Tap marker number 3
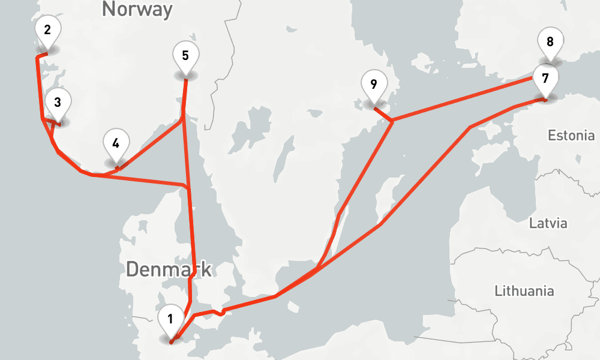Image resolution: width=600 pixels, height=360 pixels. click(x=57, y=103)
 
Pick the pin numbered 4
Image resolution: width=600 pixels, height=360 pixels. click(x=116, y=144)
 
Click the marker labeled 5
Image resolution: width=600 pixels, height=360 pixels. click(x=185, y=56)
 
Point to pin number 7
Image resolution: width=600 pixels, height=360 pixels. click(x=545, y=79)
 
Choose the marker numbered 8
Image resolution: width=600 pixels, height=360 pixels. click(x=550, y=43)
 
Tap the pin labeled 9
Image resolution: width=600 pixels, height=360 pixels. click(x=374, y=84)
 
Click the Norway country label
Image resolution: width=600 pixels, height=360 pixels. click(x=137, y=9)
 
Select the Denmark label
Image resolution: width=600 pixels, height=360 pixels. click(x=169, y=269)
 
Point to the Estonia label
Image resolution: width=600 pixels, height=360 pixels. click(x=571, y=136)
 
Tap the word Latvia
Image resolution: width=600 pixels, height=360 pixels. click(x=548, y=224)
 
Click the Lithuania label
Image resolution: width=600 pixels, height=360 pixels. click(x=524, y=292)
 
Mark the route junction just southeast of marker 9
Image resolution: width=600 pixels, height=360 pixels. click(x=392, y=122)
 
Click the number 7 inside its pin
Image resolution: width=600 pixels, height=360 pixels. click(x=545, y=78)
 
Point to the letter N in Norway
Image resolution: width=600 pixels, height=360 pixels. click(x=109, y=9)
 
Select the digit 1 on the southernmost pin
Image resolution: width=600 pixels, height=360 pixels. click(x=170, y=319)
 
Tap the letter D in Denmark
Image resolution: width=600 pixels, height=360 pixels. click(x=133, y=269)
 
